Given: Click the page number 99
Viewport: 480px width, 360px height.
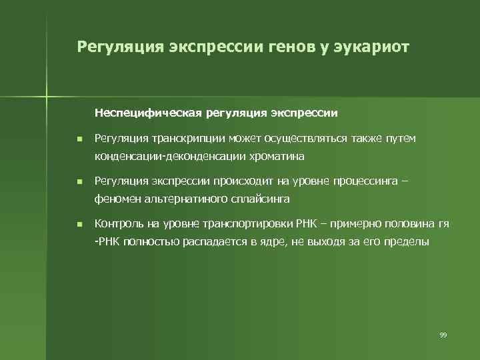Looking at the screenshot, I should point(443,334).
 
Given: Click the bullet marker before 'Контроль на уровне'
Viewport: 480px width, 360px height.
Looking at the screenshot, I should point(79,224).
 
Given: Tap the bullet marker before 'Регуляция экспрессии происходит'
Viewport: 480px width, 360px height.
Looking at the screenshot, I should point(79,181).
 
